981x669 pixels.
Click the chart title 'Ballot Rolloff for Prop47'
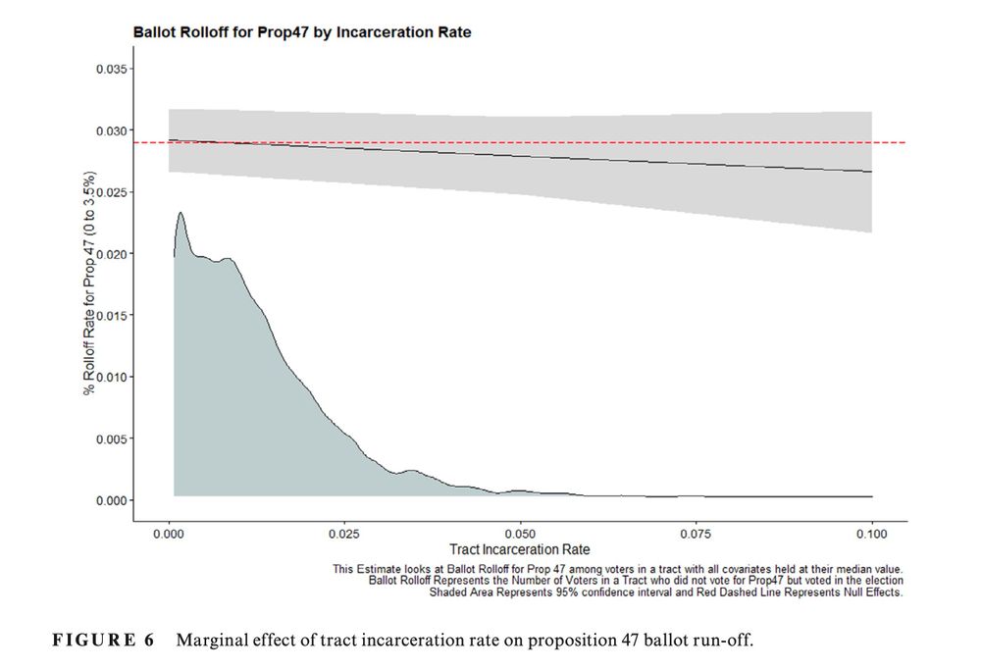[x=302, y=32]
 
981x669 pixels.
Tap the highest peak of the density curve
[x=180, y=213]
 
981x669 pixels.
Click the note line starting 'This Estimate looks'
[x=617, y=568]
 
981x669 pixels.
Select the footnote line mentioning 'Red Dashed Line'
[x=665, y=592]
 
